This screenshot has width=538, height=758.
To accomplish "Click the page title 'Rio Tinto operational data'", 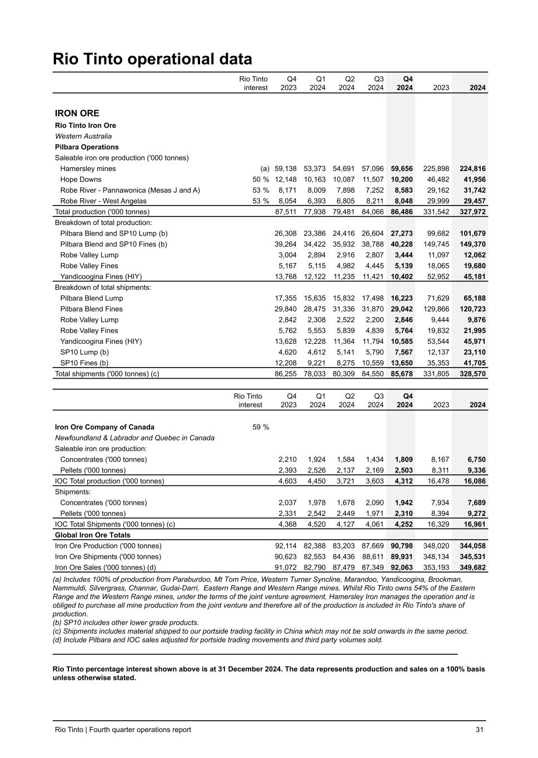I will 152,59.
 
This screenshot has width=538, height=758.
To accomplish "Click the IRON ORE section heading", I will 77,113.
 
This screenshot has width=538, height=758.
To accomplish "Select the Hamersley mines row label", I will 88,169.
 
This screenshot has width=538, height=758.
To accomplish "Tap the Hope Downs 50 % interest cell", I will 261,179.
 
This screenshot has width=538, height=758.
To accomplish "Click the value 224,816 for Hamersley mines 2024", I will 472,169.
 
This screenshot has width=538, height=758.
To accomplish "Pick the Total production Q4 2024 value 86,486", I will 402,212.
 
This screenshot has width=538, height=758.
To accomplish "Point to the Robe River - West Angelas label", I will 103,201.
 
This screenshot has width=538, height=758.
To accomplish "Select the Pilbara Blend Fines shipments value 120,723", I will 472,309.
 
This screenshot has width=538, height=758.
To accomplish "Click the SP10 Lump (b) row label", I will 84,352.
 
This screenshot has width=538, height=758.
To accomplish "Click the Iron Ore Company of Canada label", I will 104,427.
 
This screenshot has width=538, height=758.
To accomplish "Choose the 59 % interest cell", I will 261,427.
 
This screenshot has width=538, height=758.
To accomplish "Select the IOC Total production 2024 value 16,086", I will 472,481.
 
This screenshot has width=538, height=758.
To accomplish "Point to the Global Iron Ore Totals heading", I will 93,535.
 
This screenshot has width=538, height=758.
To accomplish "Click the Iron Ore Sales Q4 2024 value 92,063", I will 402,568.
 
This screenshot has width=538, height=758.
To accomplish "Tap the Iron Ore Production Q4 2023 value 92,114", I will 286,546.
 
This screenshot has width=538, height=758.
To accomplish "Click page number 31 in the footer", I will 479,730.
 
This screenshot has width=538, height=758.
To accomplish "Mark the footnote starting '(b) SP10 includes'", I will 126,623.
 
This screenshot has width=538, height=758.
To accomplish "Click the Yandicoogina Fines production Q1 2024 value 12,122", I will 315,277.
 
